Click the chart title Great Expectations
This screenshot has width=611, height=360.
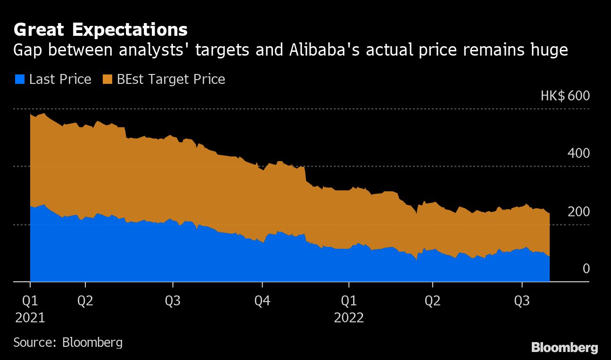(100, 30)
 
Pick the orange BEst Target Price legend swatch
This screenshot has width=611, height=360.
(107, 79)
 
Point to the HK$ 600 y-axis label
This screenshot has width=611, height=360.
(565, 96)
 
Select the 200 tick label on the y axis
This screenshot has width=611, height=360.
(578, 212)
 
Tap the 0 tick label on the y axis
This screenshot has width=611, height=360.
(586, 269)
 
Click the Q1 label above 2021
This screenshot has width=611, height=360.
(30, 301)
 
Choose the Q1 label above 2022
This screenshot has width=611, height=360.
(349, 301)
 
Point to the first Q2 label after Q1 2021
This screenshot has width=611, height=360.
(85, 301)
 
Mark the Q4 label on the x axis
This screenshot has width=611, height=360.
(262, 301)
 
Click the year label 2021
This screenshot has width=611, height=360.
(30, 318)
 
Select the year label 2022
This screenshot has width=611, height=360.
(349, 318)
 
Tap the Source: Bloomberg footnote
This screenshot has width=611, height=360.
(68, 342)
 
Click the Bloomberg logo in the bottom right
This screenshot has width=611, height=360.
(565, 348)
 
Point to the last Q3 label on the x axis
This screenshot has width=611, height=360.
(522, 301)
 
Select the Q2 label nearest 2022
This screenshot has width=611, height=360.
(433, 301)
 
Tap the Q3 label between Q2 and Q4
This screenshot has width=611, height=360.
(173, 301)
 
